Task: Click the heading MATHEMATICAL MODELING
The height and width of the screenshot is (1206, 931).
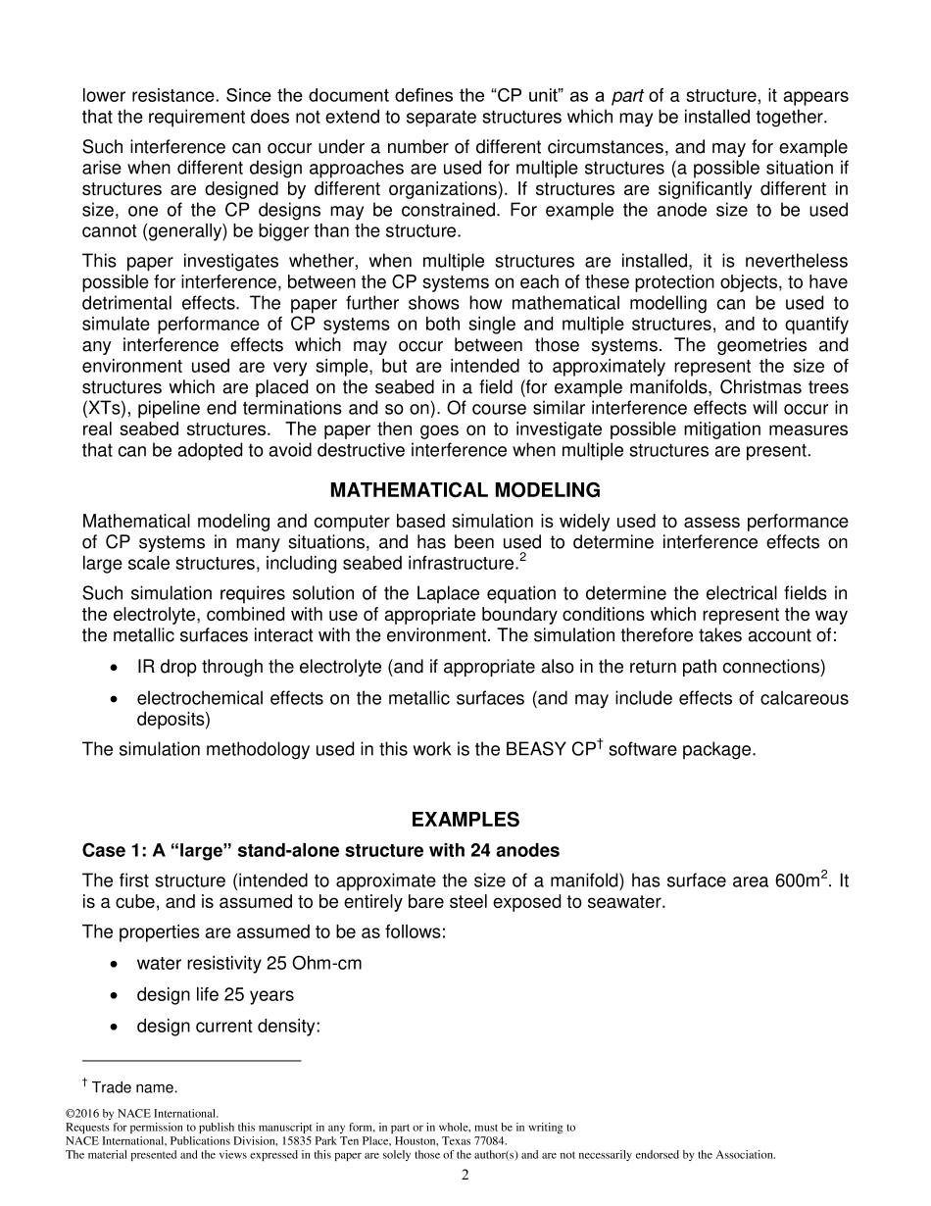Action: [x=465, y=490]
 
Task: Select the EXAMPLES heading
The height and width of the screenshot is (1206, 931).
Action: [x=465, y=820]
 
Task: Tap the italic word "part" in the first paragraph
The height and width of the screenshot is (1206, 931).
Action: [x=628, y=96]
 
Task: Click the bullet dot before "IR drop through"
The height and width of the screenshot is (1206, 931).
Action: [x=117, y=668]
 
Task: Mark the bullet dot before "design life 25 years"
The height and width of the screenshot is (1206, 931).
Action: [x=117, y=995]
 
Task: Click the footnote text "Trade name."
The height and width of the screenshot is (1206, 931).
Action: [x=134, y=1087]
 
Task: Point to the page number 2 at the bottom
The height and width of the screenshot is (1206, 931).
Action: [x=465, y=1176]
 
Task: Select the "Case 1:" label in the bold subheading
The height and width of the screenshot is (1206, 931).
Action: [x=111, y=849]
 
